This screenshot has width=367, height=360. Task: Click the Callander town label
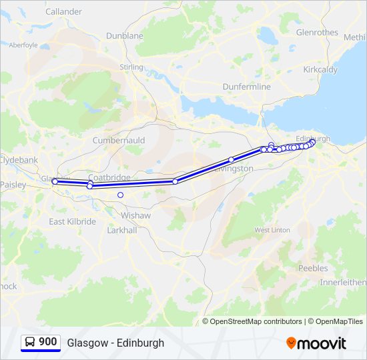click(63, 11)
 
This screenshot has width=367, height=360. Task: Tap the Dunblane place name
click(125, 35)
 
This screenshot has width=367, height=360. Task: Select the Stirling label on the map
click(131, 67)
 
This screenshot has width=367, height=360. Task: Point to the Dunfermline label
click(246, 87)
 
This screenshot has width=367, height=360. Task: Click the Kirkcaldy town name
click(320, 69)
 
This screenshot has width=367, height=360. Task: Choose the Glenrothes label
click(317, 31)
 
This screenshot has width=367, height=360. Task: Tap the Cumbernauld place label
click(119, 141)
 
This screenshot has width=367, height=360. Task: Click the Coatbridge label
click(109, 177)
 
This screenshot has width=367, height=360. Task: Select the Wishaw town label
click(135, 215)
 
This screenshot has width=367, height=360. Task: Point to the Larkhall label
click(122, 230)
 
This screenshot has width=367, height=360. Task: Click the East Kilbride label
click(72, 221)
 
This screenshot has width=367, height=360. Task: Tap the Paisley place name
click(12, 184)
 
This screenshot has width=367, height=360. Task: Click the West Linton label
click(272, 230)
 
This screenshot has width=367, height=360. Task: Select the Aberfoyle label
click(23, 45)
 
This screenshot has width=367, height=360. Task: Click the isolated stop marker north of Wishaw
click(120, 195)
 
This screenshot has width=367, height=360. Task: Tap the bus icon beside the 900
click(30, 343)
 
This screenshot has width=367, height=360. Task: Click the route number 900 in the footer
click(47, 342)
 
